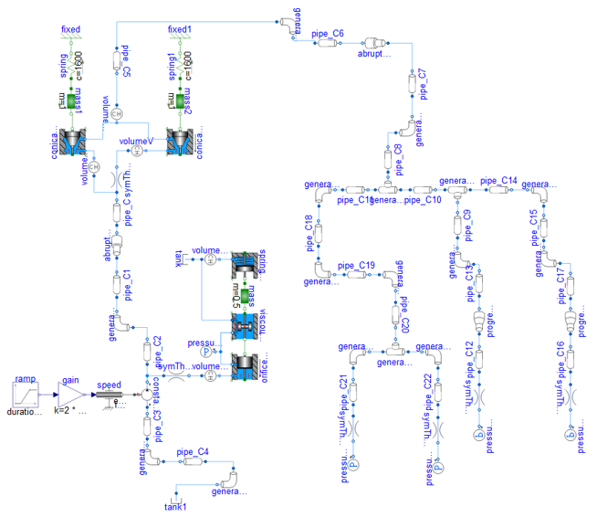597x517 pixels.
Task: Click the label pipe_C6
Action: [328, 33]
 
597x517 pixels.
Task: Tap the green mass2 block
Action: [179, 99]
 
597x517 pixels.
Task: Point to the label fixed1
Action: [180, 29]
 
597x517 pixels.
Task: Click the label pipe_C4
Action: [193, 451]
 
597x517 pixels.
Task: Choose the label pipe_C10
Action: [423, 199]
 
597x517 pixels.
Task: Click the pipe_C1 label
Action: [128, 285]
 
